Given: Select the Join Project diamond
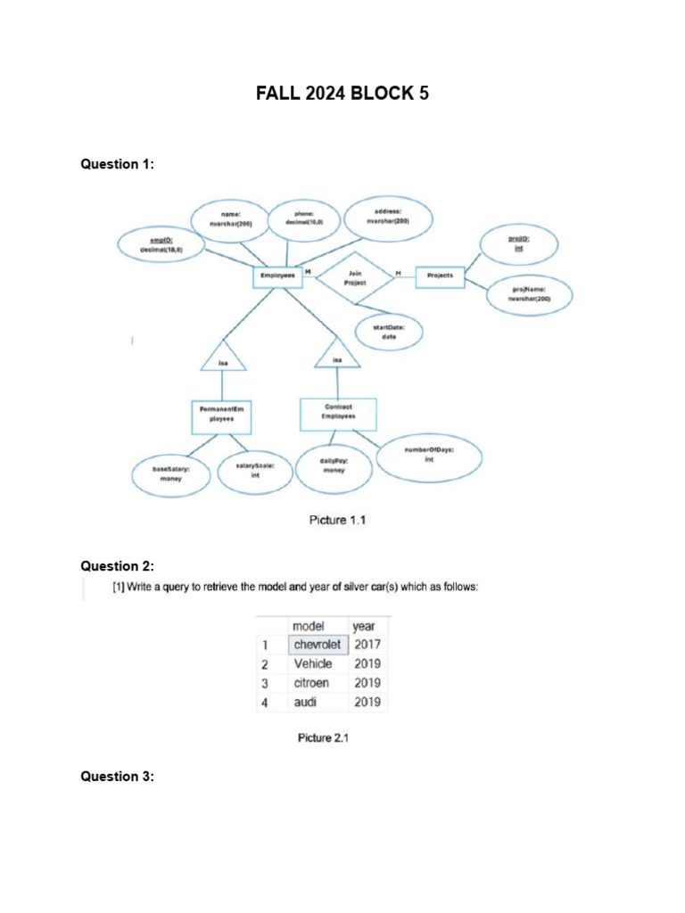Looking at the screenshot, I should click(x=355, y=277).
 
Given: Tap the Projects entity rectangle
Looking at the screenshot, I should click(x=440, y=276).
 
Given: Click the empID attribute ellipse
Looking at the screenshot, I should click(x=161, y=245).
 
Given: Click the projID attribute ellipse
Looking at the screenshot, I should click(x=518, y=244).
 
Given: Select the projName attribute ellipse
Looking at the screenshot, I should click(x=530, y=294).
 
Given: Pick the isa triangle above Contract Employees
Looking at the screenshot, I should click(x=337, y=355).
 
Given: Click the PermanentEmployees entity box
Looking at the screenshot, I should click(x=220, y=415).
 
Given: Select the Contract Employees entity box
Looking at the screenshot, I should click(x=339, y=412).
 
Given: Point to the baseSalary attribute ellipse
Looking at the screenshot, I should click(x=170, y=472).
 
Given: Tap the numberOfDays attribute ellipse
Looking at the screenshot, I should click(x=429, y=455).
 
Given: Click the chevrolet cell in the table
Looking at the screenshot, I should click(x=318, y=645).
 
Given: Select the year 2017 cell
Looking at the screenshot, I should click(x=367, y=645).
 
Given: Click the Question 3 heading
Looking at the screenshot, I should click(x=118, y=777).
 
